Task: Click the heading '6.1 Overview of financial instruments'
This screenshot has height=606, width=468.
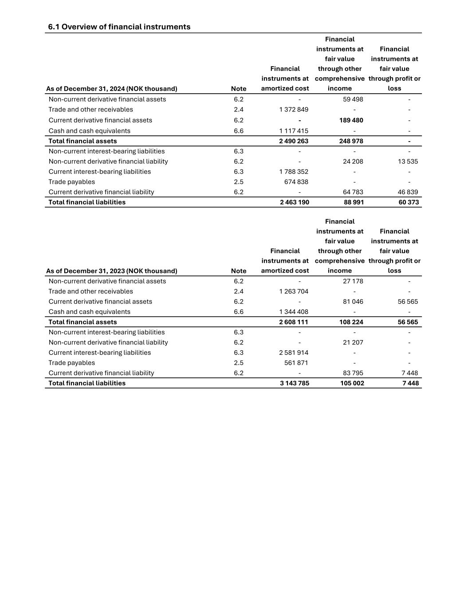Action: [119, 27]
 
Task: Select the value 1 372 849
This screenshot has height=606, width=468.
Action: [294, 110]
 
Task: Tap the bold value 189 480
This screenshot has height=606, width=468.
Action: [351, 120]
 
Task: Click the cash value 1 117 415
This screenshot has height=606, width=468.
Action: [294, 131]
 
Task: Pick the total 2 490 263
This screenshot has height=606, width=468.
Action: [294, 141]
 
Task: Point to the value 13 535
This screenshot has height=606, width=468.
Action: [408, 162]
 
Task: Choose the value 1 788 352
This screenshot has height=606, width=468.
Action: [294, 172]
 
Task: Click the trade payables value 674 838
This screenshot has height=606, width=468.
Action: [296, 182]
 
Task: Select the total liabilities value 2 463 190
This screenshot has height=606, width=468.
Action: [295, 202]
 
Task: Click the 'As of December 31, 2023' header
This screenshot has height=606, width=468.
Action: [111, 271]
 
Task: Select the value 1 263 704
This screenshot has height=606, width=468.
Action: [294, 292]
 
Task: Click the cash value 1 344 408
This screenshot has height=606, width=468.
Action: [294, 312]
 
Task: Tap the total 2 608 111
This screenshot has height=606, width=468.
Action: [294, 322]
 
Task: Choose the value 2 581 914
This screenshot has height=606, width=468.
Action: [294, 353]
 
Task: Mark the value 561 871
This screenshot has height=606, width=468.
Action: [296, 363]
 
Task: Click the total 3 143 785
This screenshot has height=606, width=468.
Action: [295, 384]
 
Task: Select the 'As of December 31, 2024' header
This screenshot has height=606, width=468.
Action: [111, 89]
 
